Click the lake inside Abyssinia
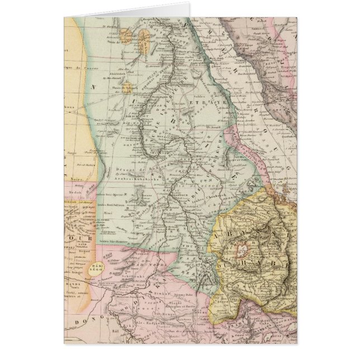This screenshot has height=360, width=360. [243, 246]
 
